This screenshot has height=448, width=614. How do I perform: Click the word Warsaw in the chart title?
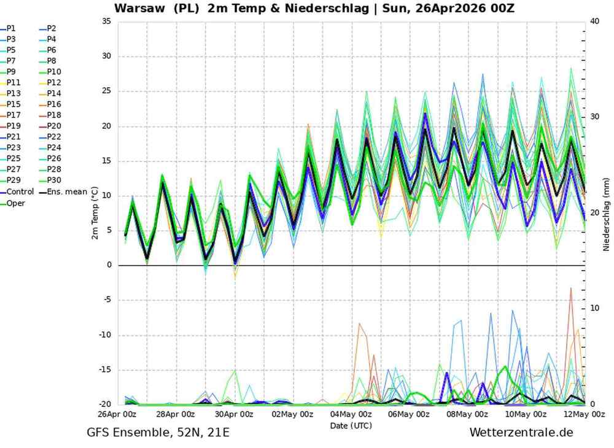(138, 9)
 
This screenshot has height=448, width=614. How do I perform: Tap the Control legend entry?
(20, 192)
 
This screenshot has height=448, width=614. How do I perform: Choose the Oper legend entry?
(16, 203)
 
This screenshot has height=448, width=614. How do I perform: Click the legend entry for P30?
(54, 181)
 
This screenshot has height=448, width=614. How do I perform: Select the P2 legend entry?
(52, 28)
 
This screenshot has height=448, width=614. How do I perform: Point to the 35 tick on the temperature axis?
(106, 21)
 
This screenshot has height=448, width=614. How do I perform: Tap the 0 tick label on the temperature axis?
(109, 265)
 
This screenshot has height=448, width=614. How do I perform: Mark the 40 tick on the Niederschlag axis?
(594, 21)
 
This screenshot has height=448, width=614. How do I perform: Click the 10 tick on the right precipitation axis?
(594, 308)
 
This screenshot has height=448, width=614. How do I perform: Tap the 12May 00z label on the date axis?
(584, 415)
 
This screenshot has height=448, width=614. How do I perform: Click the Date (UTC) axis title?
(351, 425)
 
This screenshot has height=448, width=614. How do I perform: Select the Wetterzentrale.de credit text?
(521, 433)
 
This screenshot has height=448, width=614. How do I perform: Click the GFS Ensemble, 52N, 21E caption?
(158, 433)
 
